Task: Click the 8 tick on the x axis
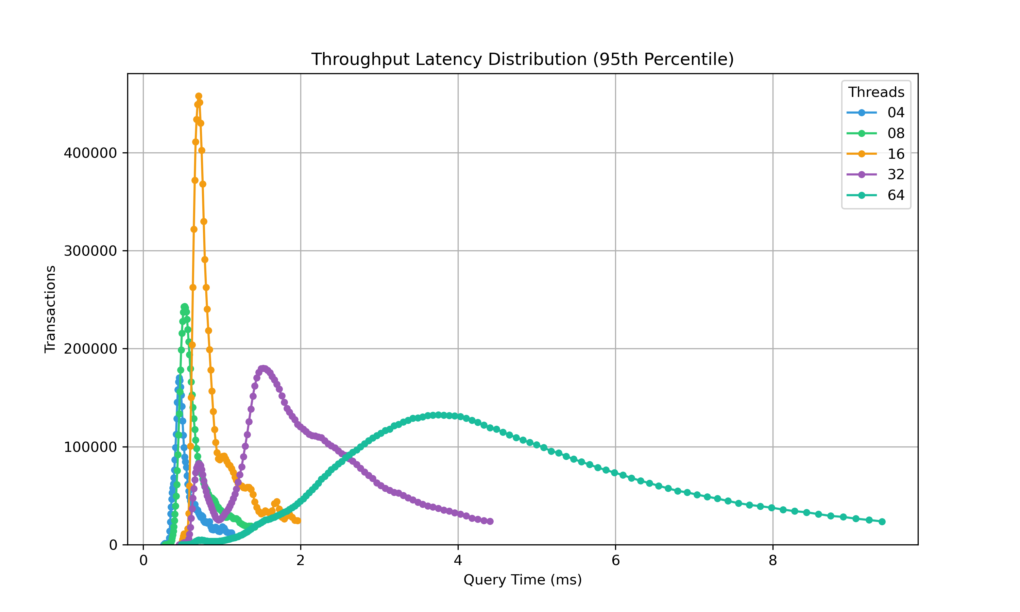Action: pyautogui.click(x=772, y=561)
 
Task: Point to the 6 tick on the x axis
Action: pyautogui.click(x=615, y=561)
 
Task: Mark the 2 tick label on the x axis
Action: pyautogui.click(x=301, y=561)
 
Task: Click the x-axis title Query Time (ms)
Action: pyautogui.click(x=522, y=580)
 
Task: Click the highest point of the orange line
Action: pyautogui.click(x=199, y=96)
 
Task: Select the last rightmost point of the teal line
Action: pyautogui.click(x=882, y=522)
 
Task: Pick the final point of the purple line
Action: pyautogui.click(x=490, y=521)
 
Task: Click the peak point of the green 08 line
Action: pyautogui.click(x=184, y=307)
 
